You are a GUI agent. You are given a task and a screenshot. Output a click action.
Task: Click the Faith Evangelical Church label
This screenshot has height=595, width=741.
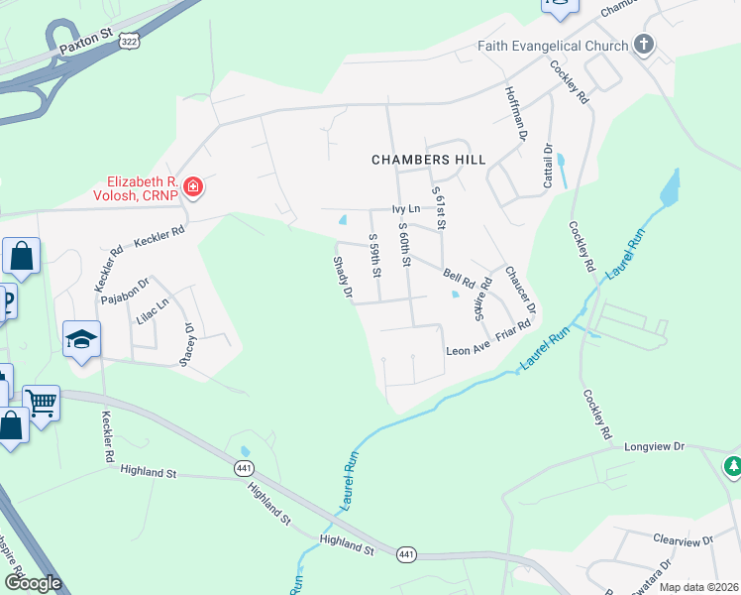553,46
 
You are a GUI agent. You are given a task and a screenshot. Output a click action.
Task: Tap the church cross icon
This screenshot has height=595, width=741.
644,45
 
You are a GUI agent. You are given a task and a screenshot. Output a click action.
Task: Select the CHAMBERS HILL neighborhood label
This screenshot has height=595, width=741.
429,159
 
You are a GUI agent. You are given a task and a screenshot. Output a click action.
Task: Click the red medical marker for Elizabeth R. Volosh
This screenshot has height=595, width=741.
193,186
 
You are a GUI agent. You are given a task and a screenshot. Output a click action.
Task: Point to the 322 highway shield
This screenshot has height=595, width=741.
127,41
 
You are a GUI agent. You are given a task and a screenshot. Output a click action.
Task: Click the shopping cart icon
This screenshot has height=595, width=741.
42,403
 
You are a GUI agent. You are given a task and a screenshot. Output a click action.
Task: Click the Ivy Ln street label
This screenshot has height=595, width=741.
406,209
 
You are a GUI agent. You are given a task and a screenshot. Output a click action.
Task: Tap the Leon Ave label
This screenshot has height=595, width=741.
468,350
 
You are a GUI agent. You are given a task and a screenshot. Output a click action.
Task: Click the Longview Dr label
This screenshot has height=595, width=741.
654,447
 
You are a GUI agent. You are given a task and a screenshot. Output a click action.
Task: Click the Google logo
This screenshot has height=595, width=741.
33,583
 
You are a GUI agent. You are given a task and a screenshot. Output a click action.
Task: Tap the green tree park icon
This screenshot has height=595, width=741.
733,465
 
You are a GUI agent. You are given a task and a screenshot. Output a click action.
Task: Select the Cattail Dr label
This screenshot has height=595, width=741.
547,160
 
